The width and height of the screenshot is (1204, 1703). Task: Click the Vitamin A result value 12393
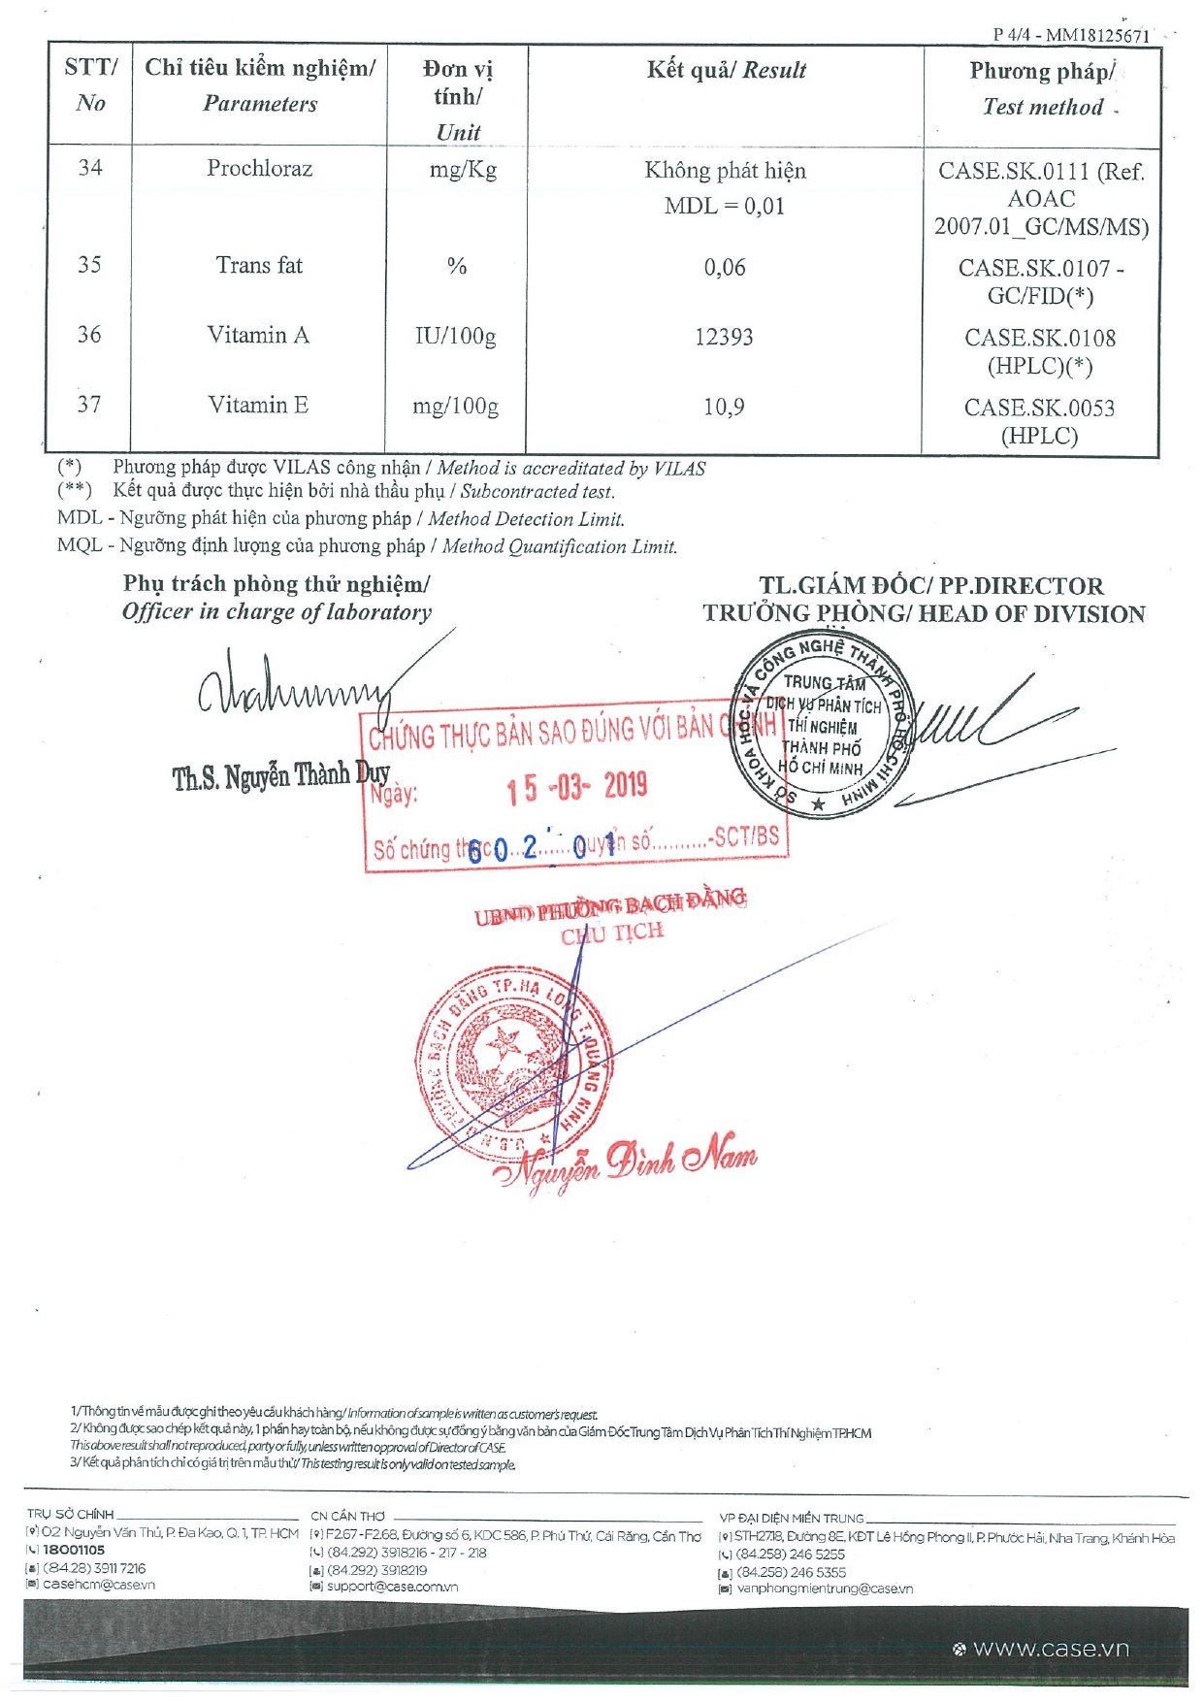point(724,338)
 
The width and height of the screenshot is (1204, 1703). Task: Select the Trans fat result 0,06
point(725,268)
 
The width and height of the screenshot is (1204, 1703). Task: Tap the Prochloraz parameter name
point(259,169)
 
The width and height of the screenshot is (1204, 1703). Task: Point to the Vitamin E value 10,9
point(724,408)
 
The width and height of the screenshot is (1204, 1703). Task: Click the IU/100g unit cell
point(455,338)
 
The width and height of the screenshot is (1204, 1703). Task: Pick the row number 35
point(89,265)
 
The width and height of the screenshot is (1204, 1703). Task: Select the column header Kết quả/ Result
point(726,70)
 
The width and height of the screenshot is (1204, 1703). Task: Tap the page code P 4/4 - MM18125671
point(1070,35)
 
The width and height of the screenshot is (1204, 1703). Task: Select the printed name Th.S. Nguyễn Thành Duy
point(280,776)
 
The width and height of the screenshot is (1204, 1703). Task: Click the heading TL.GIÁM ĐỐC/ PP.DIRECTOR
point(930,586)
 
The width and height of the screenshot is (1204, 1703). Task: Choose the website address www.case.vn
point(1051,1649)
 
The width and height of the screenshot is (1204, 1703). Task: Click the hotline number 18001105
point(74,1551)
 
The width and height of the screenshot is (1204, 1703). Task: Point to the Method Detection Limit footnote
point(341,519)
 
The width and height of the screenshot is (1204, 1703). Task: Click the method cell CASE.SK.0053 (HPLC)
point(1039,421)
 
